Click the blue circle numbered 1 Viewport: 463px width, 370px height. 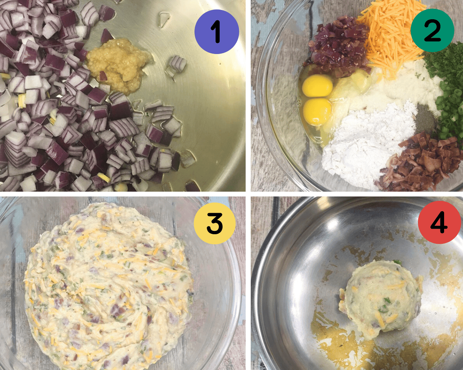point(217,31)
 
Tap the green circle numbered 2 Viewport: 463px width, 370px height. point(433,30)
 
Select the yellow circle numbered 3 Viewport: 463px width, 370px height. point(215,223)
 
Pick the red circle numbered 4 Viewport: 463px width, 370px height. point(439,222)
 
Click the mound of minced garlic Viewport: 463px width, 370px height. point(118,64)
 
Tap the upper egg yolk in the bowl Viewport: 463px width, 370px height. point(317,85)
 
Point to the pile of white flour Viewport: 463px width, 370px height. point(364,140)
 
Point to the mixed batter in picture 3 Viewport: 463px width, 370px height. point(109,286)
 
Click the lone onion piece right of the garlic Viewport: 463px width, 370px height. point(177,64)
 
